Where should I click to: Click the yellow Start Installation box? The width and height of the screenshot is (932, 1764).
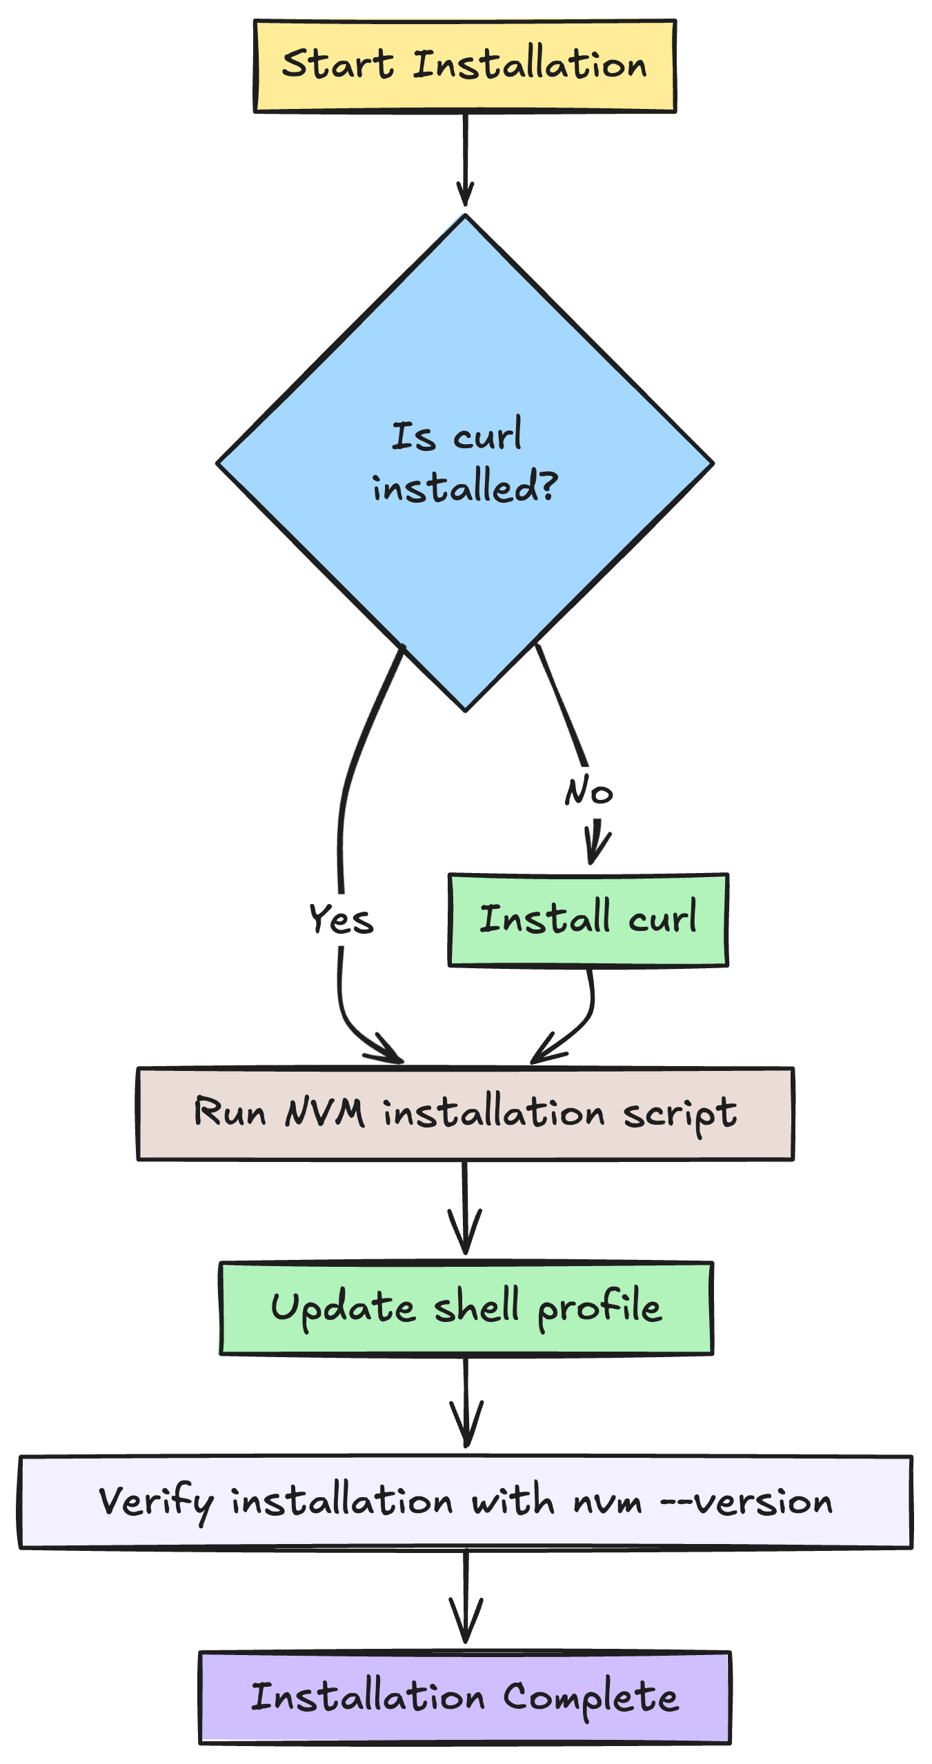464,66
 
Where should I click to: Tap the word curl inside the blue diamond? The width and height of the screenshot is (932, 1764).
487,437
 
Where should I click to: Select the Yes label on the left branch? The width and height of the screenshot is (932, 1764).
341,919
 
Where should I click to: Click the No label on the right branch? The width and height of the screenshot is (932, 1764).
588,791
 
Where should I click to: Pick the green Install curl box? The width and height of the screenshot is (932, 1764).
588,920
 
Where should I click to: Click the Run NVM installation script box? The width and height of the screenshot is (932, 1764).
465,1114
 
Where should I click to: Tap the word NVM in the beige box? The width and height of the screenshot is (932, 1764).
324,1112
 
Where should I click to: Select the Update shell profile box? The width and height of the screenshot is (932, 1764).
466,1308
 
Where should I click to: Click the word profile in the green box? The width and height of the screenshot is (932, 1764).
599,1308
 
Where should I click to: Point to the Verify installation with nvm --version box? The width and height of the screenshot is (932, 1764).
465,1502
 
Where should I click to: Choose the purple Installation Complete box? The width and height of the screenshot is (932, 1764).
464,1697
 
